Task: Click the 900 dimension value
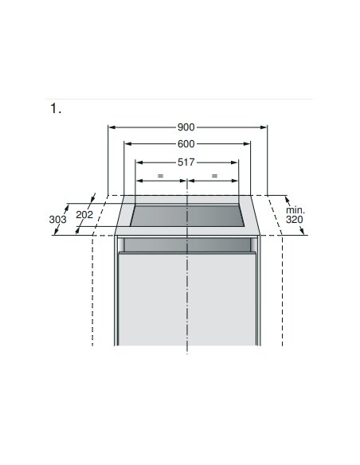[186, 127]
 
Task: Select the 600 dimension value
[186, 144]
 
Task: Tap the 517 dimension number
[186, 162]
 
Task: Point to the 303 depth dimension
[57, 220]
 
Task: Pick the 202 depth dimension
[84, 215]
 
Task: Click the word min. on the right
[295, 210]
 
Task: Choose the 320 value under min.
[295, 220]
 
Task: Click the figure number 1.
[56, 108]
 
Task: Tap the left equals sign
[160, 176]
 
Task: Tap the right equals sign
[214, 176]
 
